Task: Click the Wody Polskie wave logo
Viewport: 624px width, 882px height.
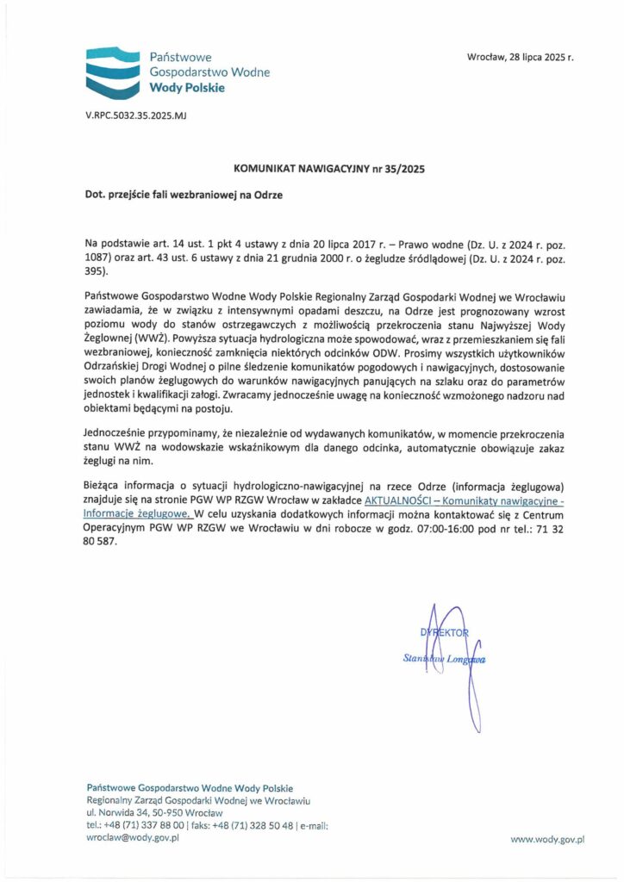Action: click(x=111, y=72)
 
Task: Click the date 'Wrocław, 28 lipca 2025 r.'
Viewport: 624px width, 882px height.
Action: click(x=520, y=57)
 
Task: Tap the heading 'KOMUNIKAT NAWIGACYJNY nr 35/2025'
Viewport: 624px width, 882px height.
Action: click(x=329, y=169)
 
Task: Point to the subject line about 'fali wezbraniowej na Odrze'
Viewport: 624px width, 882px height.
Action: click(x=184, y=195)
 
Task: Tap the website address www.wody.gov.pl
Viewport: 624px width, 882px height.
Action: click(x=548, y=837)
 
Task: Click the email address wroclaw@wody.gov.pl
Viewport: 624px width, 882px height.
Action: click(x=133, y=837)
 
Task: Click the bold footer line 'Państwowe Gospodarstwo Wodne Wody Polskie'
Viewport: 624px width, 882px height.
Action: click(x=190, y=788)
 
